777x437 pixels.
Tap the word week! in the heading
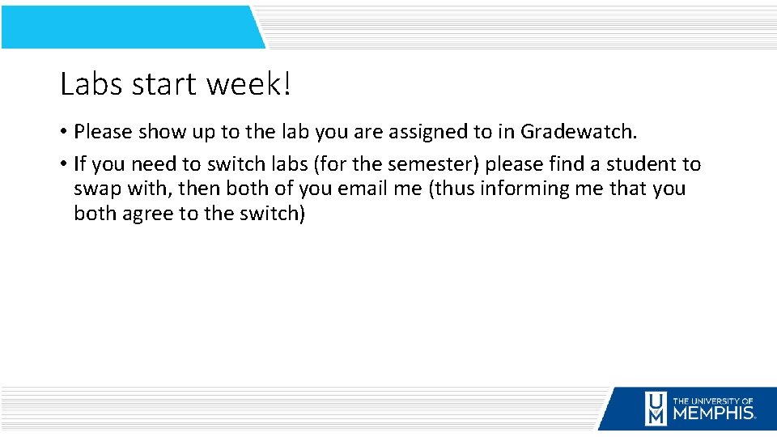click(x=248, y=84)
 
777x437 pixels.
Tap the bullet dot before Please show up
click(x=63, y=132)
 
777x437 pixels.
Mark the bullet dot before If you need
click(x=63, y=164)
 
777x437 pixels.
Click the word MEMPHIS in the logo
click(x=714, y=413)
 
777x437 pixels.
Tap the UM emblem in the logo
click(x=656, y=409)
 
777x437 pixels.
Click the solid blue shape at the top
click(x=129, y=28)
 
